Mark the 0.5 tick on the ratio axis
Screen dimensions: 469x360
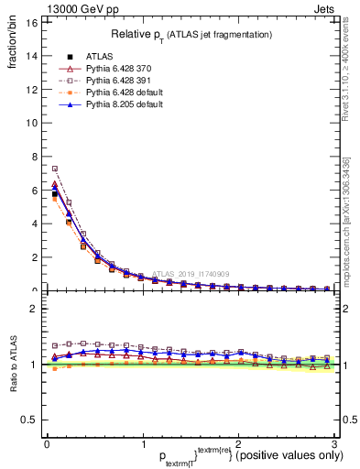(x=28, y=420)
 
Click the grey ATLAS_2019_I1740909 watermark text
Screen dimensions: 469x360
(x=193, y=273)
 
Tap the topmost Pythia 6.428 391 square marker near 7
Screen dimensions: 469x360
(x=55, y=169)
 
